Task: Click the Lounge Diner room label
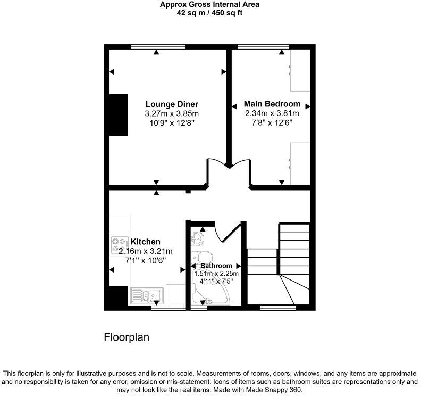click(x=172, y=104)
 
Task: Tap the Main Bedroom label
click(x=272, y=104)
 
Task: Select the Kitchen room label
click(x=145, y=242)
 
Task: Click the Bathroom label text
click(x=216, y=266)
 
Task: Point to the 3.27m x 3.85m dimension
click(x=172, y=113)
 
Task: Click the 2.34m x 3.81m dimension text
click(x=272, y=113)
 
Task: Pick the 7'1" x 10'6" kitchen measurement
click(x=145, y=261)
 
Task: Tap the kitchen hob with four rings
click(x=117, y=244)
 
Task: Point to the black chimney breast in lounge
click(x=119, y=115)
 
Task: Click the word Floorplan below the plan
click(x=126, y=337)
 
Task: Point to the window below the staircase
click(x=277, y=308)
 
